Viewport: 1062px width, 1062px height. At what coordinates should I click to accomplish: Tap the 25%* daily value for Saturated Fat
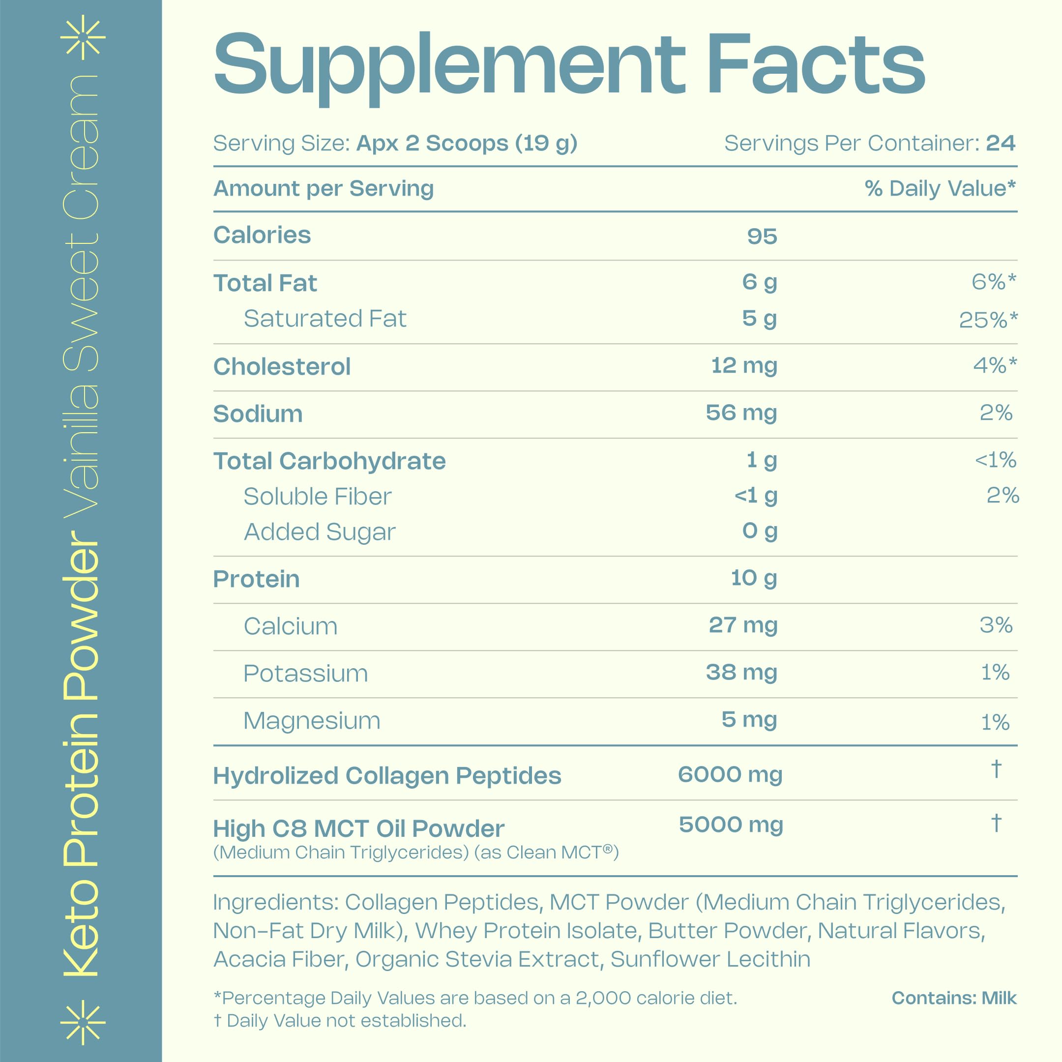point(988,320)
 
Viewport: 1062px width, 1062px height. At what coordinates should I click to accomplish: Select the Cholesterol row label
point(281,367)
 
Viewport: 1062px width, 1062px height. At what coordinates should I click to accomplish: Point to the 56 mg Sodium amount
point(741,413)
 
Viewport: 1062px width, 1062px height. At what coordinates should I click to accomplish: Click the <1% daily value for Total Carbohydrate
point(995,460)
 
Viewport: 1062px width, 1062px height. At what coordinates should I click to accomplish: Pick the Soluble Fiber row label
point(317,497)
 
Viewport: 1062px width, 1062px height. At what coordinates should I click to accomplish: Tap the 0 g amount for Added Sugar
point(759,531)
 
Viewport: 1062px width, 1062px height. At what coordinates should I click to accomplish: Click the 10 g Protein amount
point(753,578)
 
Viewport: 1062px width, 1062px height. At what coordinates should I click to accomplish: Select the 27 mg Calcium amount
point(742,625)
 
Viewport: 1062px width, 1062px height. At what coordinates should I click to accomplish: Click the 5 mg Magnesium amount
point(749,719)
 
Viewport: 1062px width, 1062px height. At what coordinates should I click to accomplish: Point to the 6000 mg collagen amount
point(730,774)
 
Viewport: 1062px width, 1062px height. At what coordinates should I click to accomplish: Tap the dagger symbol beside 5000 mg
point(996,823)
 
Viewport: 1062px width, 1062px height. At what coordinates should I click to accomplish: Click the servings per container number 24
point(1001,143)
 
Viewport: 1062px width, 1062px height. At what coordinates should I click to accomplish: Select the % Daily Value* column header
point(940,188)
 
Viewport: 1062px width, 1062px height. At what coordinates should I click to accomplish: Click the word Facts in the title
point(816,65)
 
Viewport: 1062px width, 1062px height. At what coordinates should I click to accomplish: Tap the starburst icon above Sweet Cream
point(83,37)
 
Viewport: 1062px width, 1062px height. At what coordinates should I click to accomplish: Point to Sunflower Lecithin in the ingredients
point(710,959)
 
